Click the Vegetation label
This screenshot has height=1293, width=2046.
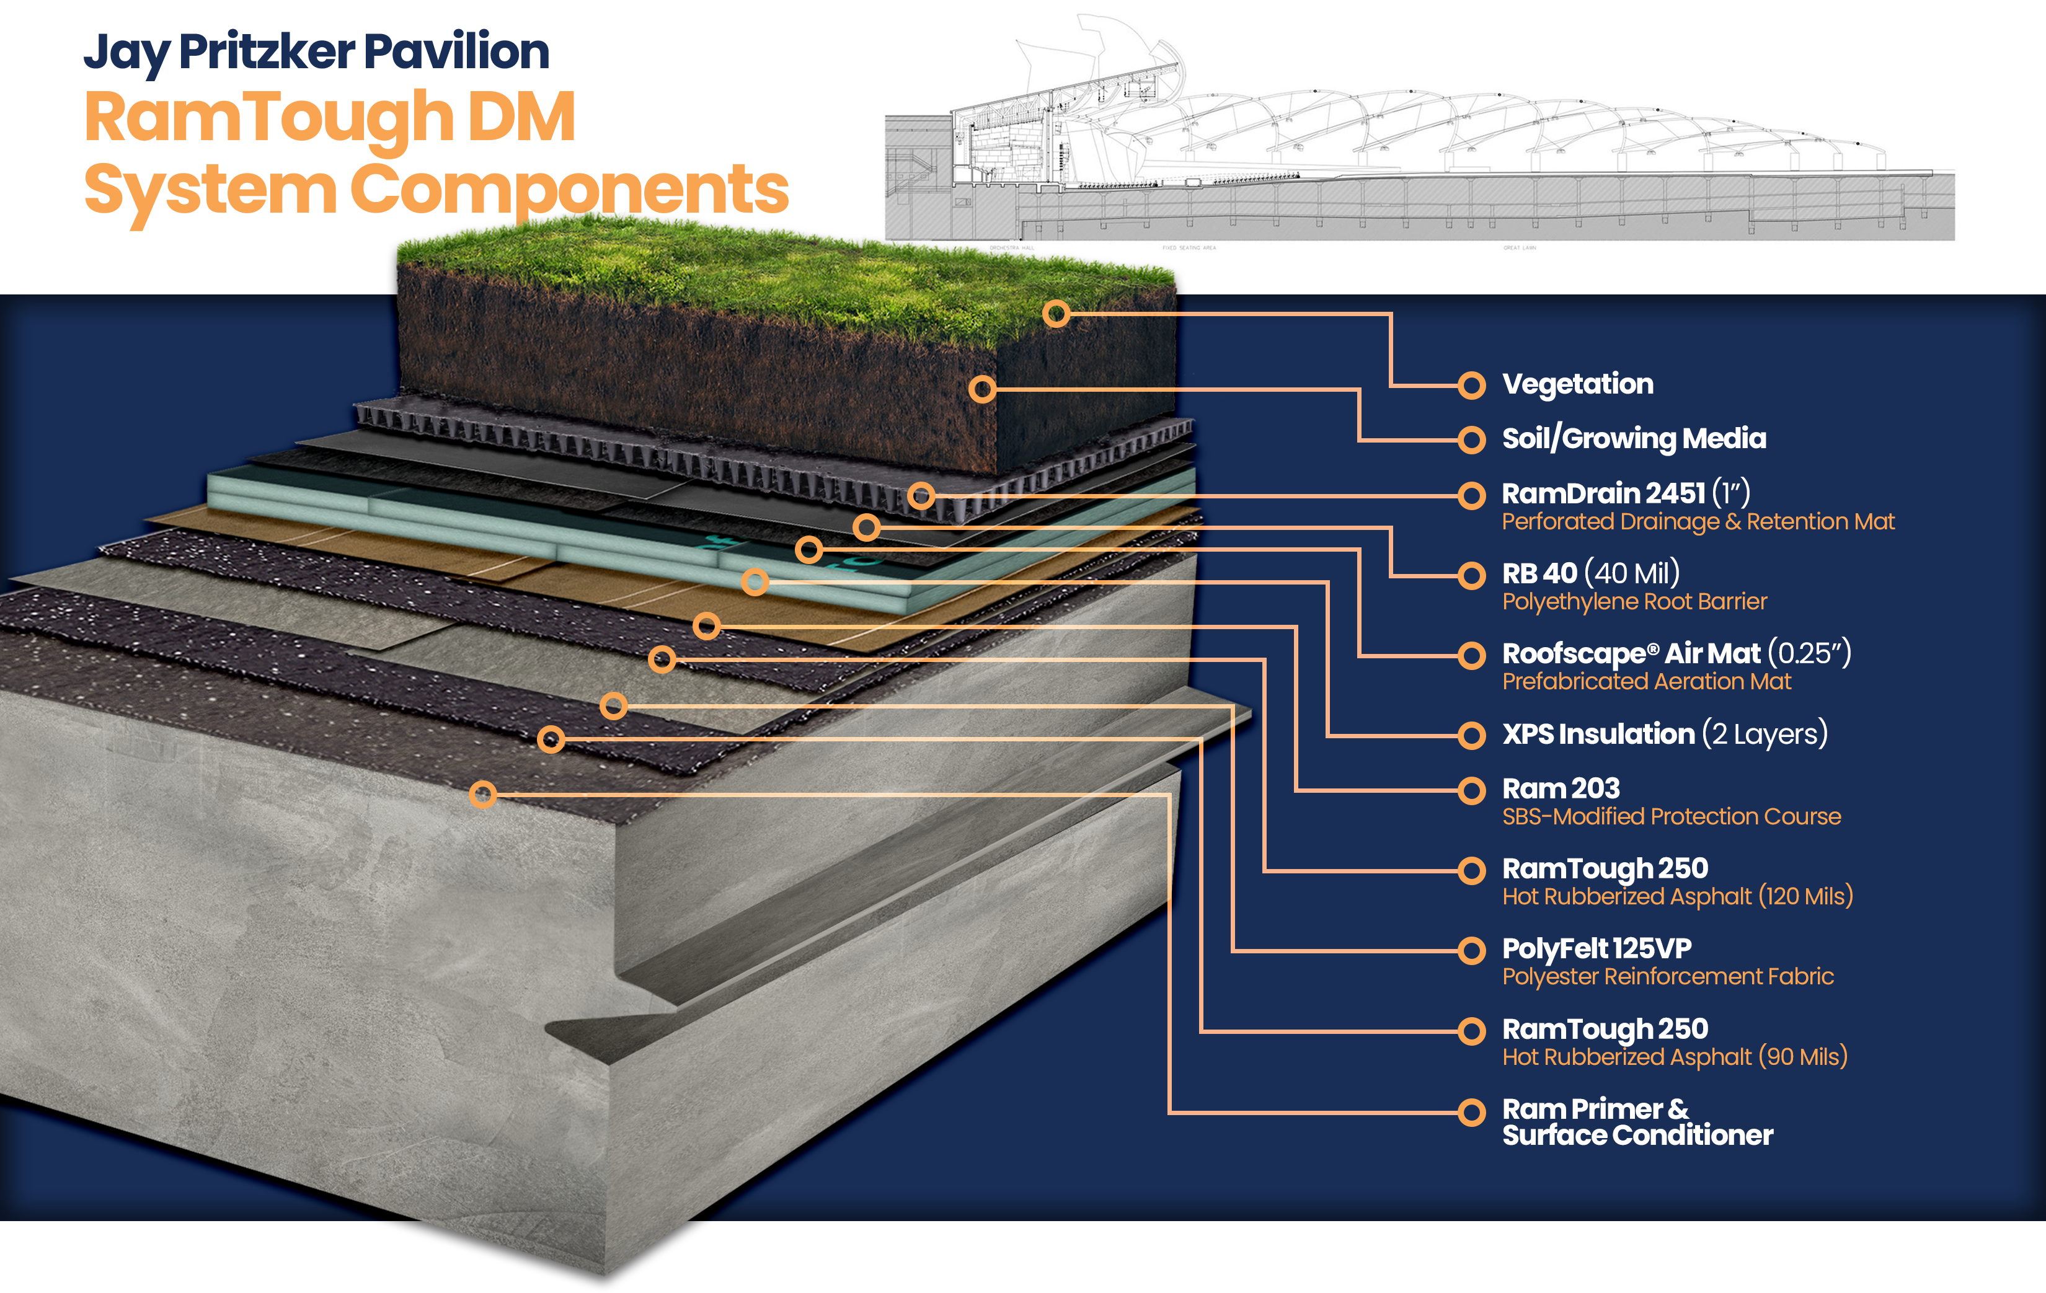[1577, 384]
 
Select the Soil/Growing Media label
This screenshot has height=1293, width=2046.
[1633, 438]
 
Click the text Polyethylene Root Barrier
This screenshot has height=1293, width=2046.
[1633, 601]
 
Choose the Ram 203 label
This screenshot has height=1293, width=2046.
[1560, 788]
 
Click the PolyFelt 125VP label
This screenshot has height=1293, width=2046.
[1596, 948]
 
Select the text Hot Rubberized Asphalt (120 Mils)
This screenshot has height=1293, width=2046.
[1676, 896]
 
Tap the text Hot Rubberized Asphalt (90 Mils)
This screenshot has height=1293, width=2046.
[1674, 1057]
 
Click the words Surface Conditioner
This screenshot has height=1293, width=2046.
[1636, 1136]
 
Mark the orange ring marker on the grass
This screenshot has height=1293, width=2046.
[1055, 314]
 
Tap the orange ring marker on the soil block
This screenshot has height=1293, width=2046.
[982, 389]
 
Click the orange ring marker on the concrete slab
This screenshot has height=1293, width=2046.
[482, 794]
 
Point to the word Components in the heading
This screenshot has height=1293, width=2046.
[569, 188]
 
